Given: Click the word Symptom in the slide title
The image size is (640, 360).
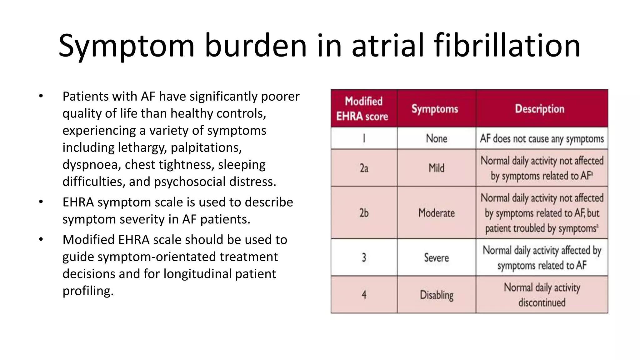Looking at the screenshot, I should [127, 46].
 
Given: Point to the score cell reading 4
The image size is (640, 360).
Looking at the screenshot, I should [364, 295].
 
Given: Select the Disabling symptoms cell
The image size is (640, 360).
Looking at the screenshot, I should [436, 295].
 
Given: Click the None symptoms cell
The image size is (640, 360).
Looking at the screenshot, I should [436, 138].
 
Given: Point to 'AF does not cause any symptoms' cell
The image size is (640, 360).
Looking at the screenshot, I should [542, 138].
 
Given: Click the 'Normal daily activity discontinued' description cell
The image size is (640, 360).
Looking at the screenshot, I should [542, 295].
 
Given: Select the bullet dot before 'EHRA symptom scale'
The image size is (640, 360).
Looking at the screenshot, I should [41, 202].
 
